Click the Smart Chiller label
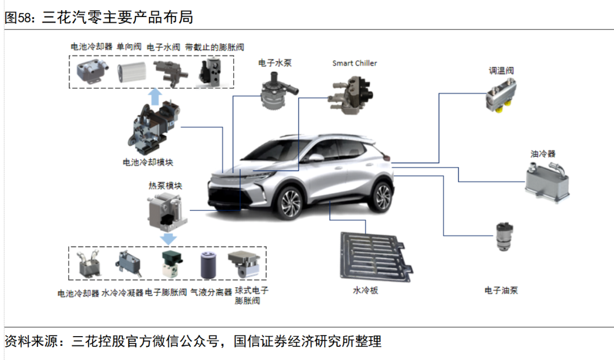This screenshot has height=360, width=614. (354, 63)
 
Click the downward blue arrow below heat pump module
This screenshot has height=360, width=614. (169, 237)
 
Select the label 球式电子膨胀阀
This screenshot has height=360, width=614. (251, 295)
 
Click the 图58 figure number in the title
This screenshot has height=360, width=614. (18, 18)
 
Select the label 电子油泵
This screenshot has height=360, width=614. (501, 290)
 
